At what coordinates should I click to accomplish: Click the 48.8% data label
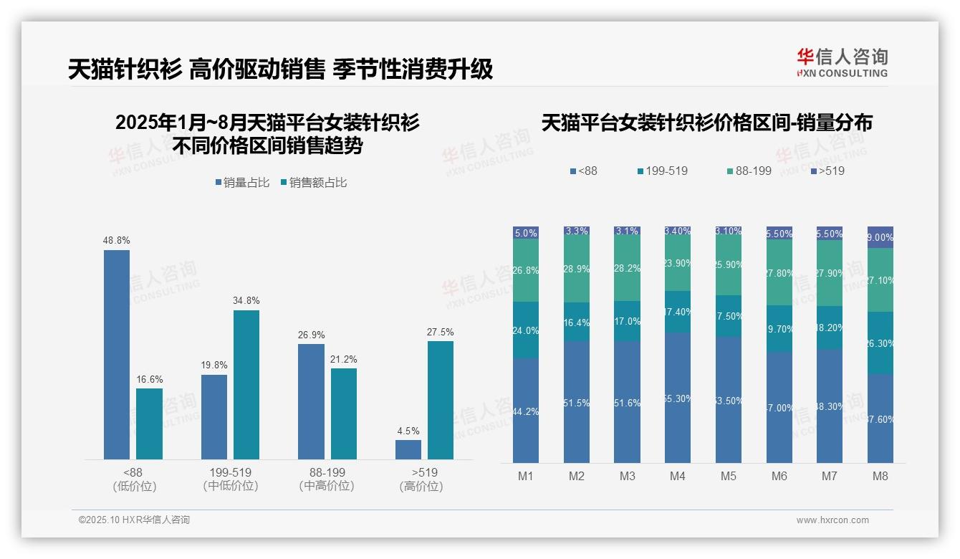pyautogui.click(x=117, y=241)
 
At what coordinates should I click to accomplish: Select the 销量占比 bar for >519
pyautogui.click(x=408, y=449)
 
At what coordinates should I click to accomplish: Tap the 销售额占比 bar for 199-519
pyautogui.click(x=246, y=384)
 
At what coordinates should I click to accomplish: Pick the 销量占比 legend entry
pyautogui.click(x=242, y=183)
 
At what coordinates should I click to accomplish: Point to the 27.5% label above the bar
pyautogui.click(x=441, y=332)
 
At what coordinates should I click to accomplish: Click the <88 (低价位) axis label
pyautogui.click(x=133, y=479)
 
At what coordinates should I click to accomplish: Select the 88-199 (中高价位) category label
pyautogui.click(x=327, y=479)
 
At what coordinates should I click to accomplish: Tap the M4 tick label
pyautogui.click(x=678, y=476)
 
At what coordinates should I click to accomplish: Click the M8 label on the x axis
pyautogui.click(x=880, y=476)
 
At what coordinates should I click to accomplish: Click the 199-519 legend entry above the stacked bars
pyautogui.click(x=662, y=171)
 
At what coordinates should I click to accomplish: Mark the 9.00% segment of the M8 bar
pyautogui.click(x=880, y=237)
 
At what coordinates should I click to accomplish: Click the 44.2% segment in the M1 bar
pyautogui.click(x=526, y=411)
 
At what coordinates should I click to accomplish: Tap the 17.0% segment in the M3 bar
pyautogui.click(x=628, y=321)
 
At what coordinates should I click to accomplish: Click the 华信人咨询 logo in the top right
pyautogui.click(x=842, y=63)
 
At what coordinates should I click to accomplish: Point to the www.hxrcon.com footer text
pyautogui.click(x=832, y=520)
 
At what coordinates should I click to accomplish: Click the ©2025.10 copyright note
pyautogui.click(x=134, y=520)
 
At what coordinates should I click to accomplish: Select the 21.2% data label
pyautogui.click(x=344, y=359)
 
